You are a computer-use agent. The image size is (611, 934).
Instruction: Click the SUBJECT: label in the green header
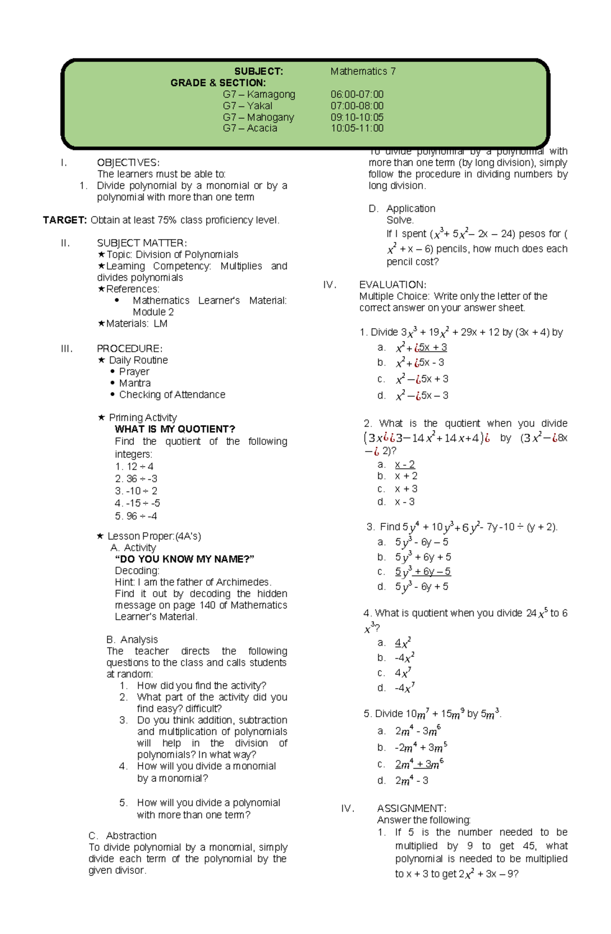[x=258, y=71]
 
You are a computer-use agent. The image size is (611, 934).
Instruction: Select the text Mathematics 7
[x=363, y=71]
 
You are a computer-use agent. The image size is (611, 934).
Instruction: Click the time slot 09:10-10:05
[x=357, y=117]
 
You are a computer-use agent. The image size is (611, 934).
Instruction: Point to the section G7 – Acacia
[x=249, y=128]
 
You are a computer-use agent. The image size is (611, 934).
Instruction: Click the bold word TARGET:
[x=65, y=220]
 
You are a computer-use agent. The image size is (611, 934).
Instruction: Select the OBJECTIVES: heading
[x=128, y=162]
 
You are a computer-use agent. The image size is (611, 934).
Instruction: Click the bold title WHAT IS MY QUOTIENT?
[x=175, y=429]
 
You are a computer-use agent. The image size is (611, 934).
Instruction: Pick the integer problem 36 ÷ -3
[x=136, y=478]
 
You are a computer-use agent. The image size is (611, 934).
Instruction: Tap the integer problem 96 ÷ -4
[x=136, y=516]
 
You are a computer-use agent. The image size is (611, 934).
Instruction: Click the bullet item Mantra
[x=134, y=383]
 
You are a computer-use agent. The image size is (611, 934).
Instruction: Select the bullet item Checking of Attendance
[x=172, y=394]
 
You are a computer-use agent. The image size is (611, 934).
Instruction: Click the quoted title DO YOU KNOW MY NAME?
[x=184, y=559]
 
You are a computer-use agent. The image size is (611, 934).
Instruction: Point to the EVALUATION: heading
[x=393, y=285]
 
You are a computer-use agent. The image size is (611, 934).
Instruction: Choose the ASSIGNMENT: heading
[x=411, y=808]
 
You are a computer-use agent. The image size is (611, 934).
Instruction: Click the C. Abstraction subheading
[x=122, y=835]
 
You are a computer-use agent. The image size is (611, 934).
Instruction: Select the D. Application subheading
[x=402, y=208]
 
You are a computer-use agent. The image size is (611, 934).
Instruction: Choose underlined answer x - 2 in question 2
[x=405, y=464]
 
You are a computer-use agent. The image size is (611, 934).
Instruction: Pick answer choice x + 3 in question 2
[x=406, y=489]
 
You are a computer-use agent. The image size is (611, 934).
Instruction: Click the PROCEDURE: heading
[x=129, y=348]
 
